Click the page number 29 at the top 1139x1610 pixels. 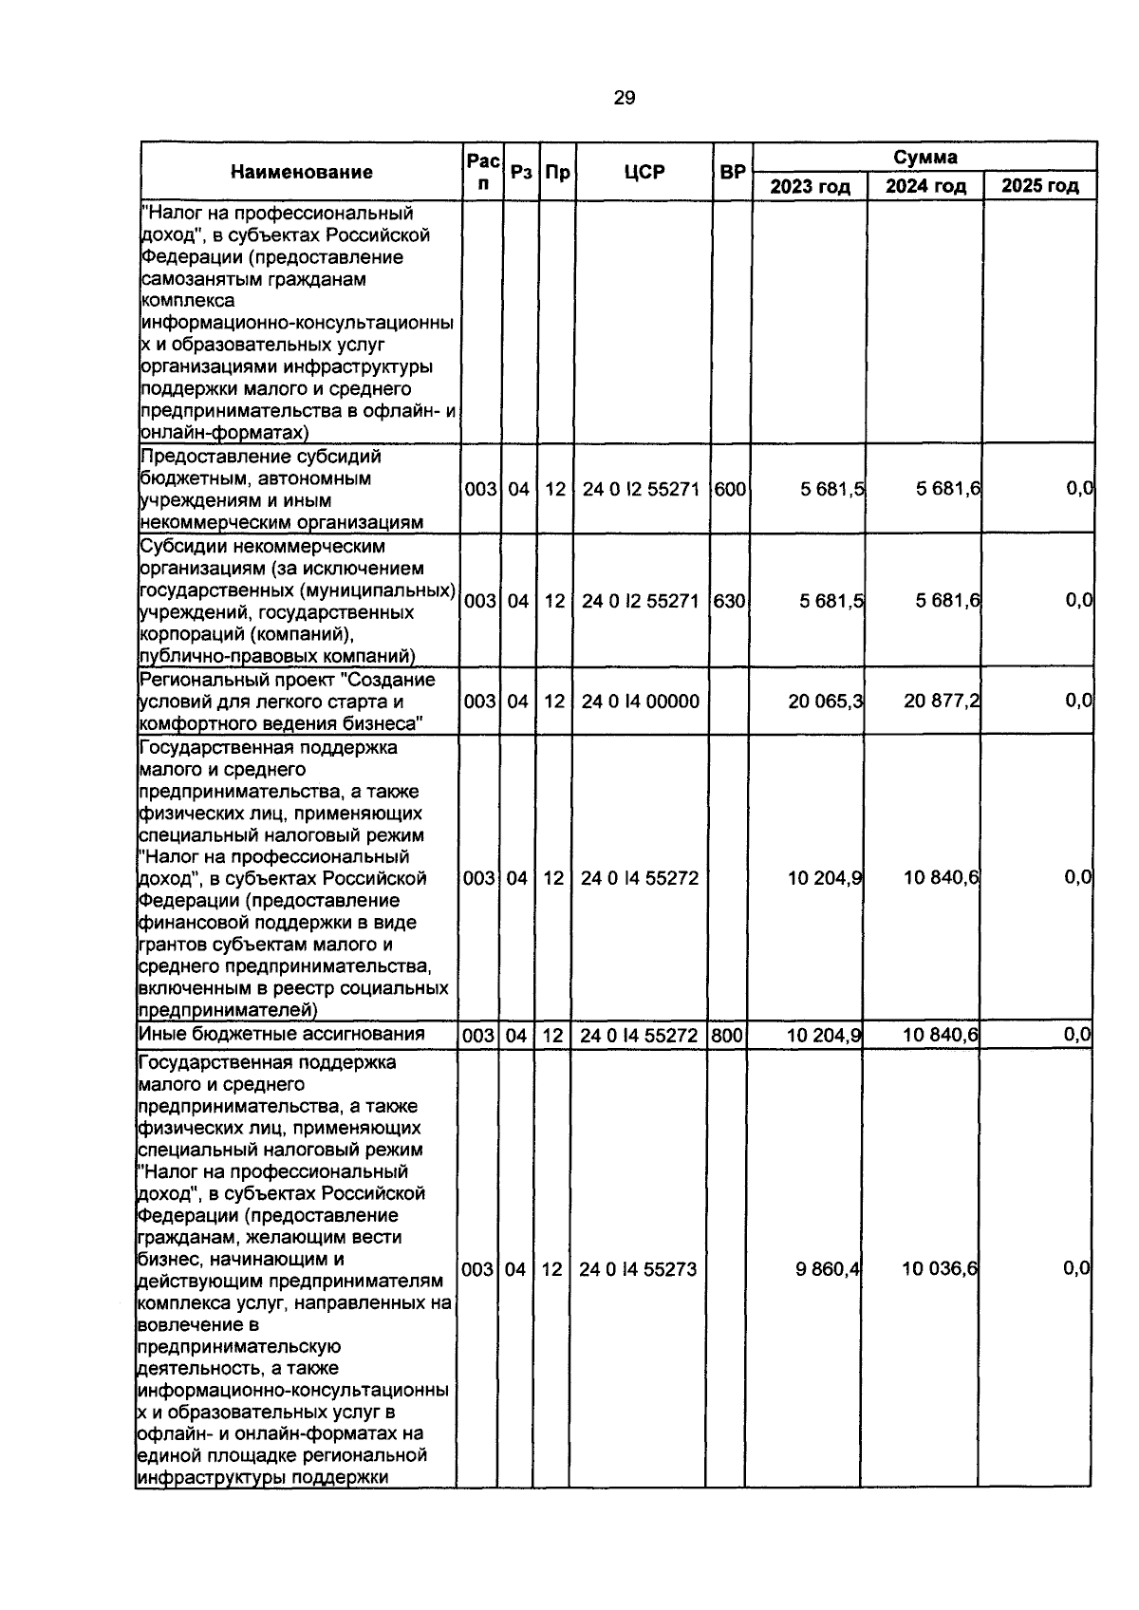coord(625,97)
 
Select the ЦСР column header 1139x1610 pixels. coord(644,172)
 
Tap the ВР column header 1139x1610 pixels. coord(733,172)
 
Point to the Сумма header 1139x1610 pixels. coord(924,157)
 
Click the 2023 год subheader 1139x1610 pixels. coord(810,186)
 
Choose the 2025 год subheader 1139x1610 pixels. coord(1039,186)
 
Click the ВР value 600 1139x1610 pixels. coord(729,489)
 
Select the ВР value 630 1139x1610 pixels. coord(729,601)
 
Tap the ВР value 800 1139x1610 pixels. coord(727,1035)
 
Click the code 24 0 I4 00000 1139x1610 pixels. coord(640,702)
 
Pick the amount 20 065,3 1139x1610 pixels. coord(825,702)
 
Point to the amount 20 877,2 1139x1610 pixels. coord(942,702)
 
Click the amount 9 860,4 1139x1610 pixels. coord(828,1269)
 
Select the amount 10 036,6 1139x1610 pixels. coord(940,1269)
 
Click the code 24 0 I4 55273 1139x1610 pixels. coord(638,1269)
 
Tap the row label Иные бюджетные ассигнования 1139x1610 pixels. coord(281,1034)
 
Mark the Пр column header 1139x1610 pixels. coord(558,172)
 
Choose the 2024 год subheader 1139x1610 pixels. coord(925,186)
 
